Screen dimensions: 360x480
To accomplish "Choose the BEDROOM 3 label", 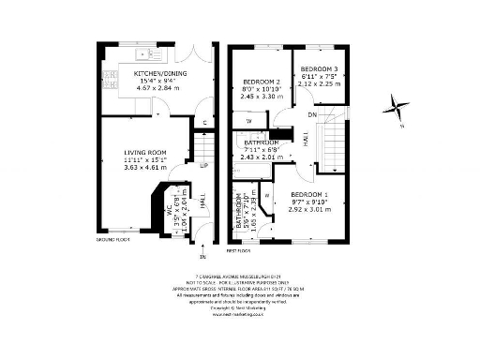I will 318,69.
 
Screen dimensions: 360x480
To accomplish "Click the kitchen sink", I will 149,54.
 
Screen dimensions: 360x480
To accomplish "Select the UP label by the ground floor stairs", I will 202,165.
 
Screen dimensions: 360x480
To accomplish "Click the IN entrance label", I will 202,256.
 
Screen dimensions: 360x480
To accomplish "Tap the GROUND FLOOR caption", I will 111,241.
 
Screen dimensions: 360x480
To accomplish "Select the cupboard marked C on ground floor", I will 204,123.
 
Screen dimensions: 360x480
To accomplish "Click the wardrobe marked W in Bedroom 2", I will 248,122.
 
